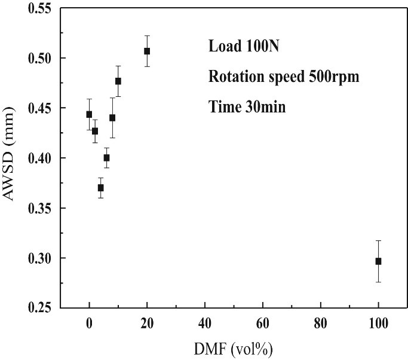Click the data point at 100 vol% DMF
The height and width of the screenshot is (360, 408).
coord(378,261)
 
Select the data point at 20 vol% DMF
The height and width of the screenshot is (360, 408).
coord(147,51)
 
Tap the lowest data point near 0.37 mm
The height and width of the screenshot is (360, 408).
coord(101,188)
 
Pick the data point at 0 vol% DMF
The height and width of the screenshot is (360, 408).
coord(89,114)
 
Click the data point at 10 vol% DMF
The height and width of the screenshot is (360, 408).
coord(118,81)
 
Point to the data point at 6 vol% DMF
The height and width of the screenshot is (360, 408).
coord(106,158)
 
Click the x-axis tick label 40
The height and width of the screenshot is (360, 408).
coord(205,324)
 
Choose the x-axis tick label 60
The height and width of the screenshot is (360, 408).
coord(263,324)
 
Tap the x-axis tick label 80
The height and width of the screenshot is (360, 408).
coord(321,324)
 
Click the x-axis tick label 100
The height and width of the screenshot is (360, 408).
coord(378,324)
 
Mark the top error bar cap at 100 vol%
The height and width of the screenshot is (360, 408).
coord(378,240)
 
